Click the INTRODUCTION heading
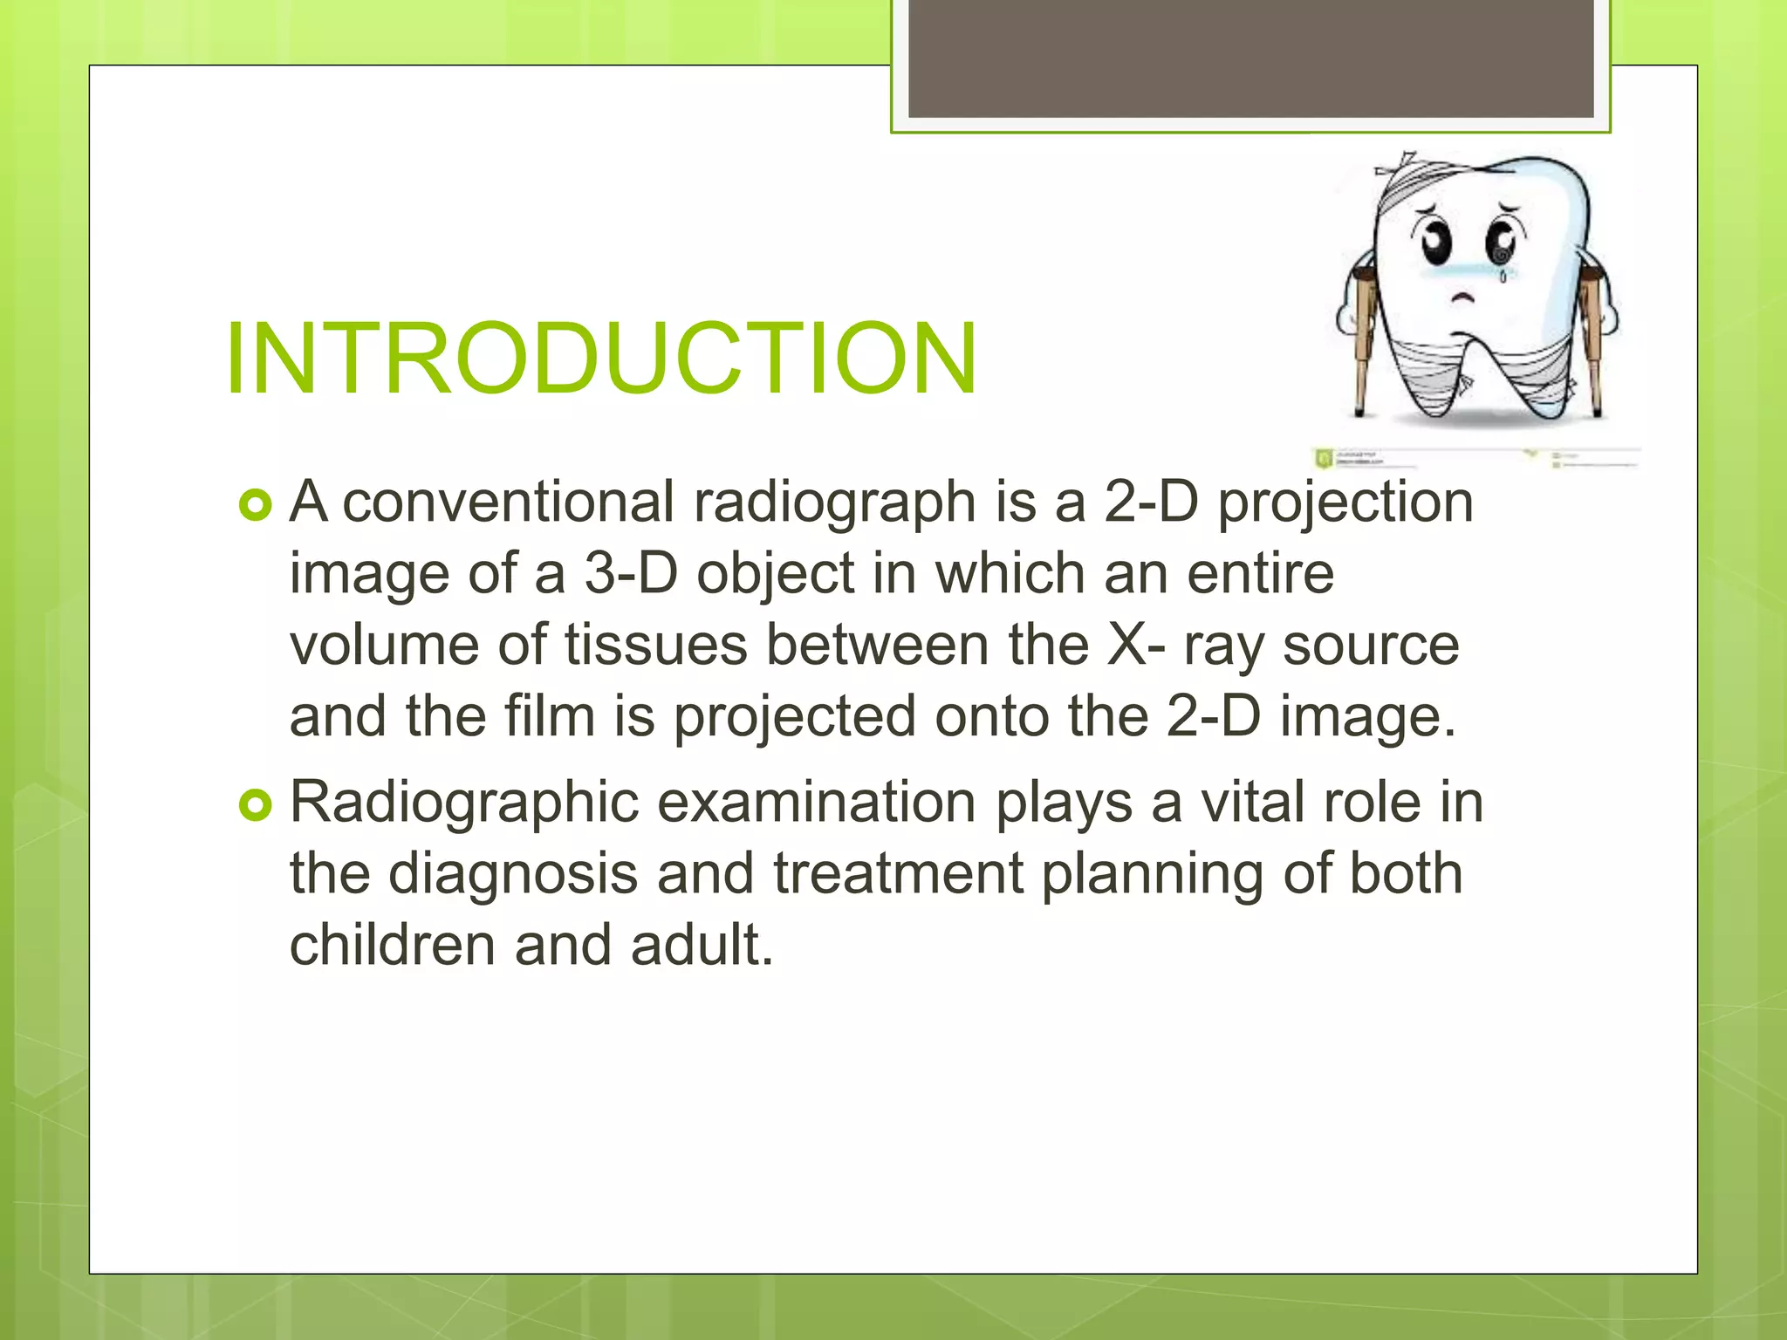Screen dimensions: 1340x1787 tap(600, 359)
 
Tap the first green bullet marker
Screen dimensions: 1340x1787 tap(256, 505)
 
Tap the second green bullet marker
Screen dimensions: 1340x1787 tap(256, 804)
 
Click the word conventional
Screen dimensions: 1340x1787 tap(509, 502)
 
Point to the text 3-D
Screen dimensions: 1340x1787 tap(631, 575)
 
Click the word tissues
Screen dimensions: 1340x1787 tap(656, 646)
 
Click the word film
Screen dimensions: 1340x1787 tap(549, 717)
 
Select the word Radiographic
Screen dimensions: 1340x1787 tap(464, 803)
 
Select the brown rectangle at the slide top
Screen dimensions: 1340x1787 tap(1250, 58)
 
